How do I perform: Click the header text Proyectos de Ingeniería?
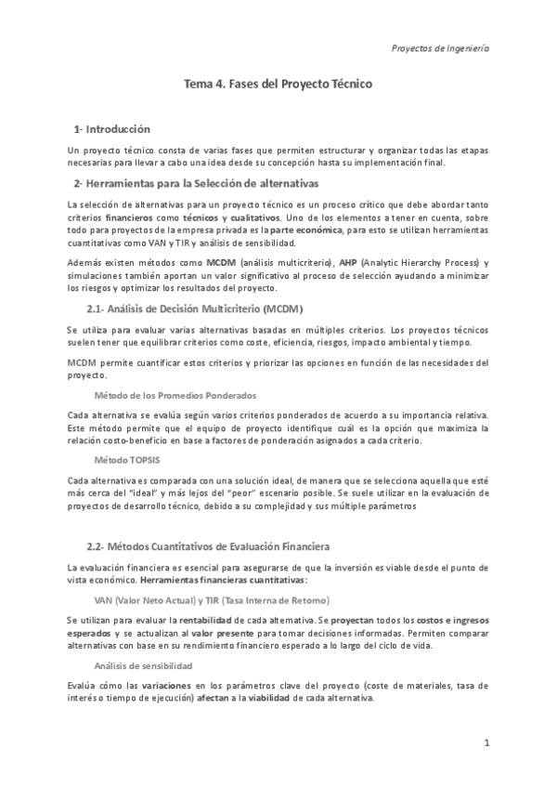(441, 47)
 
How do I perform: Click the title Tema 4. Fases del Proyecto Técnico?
(278, 84)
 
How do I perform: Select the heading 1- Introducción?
(112, 128)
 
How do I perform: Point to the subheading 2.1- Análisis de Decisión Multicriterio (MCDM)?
(194, 308)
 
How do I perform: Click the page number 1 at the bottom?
(486, 743)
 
